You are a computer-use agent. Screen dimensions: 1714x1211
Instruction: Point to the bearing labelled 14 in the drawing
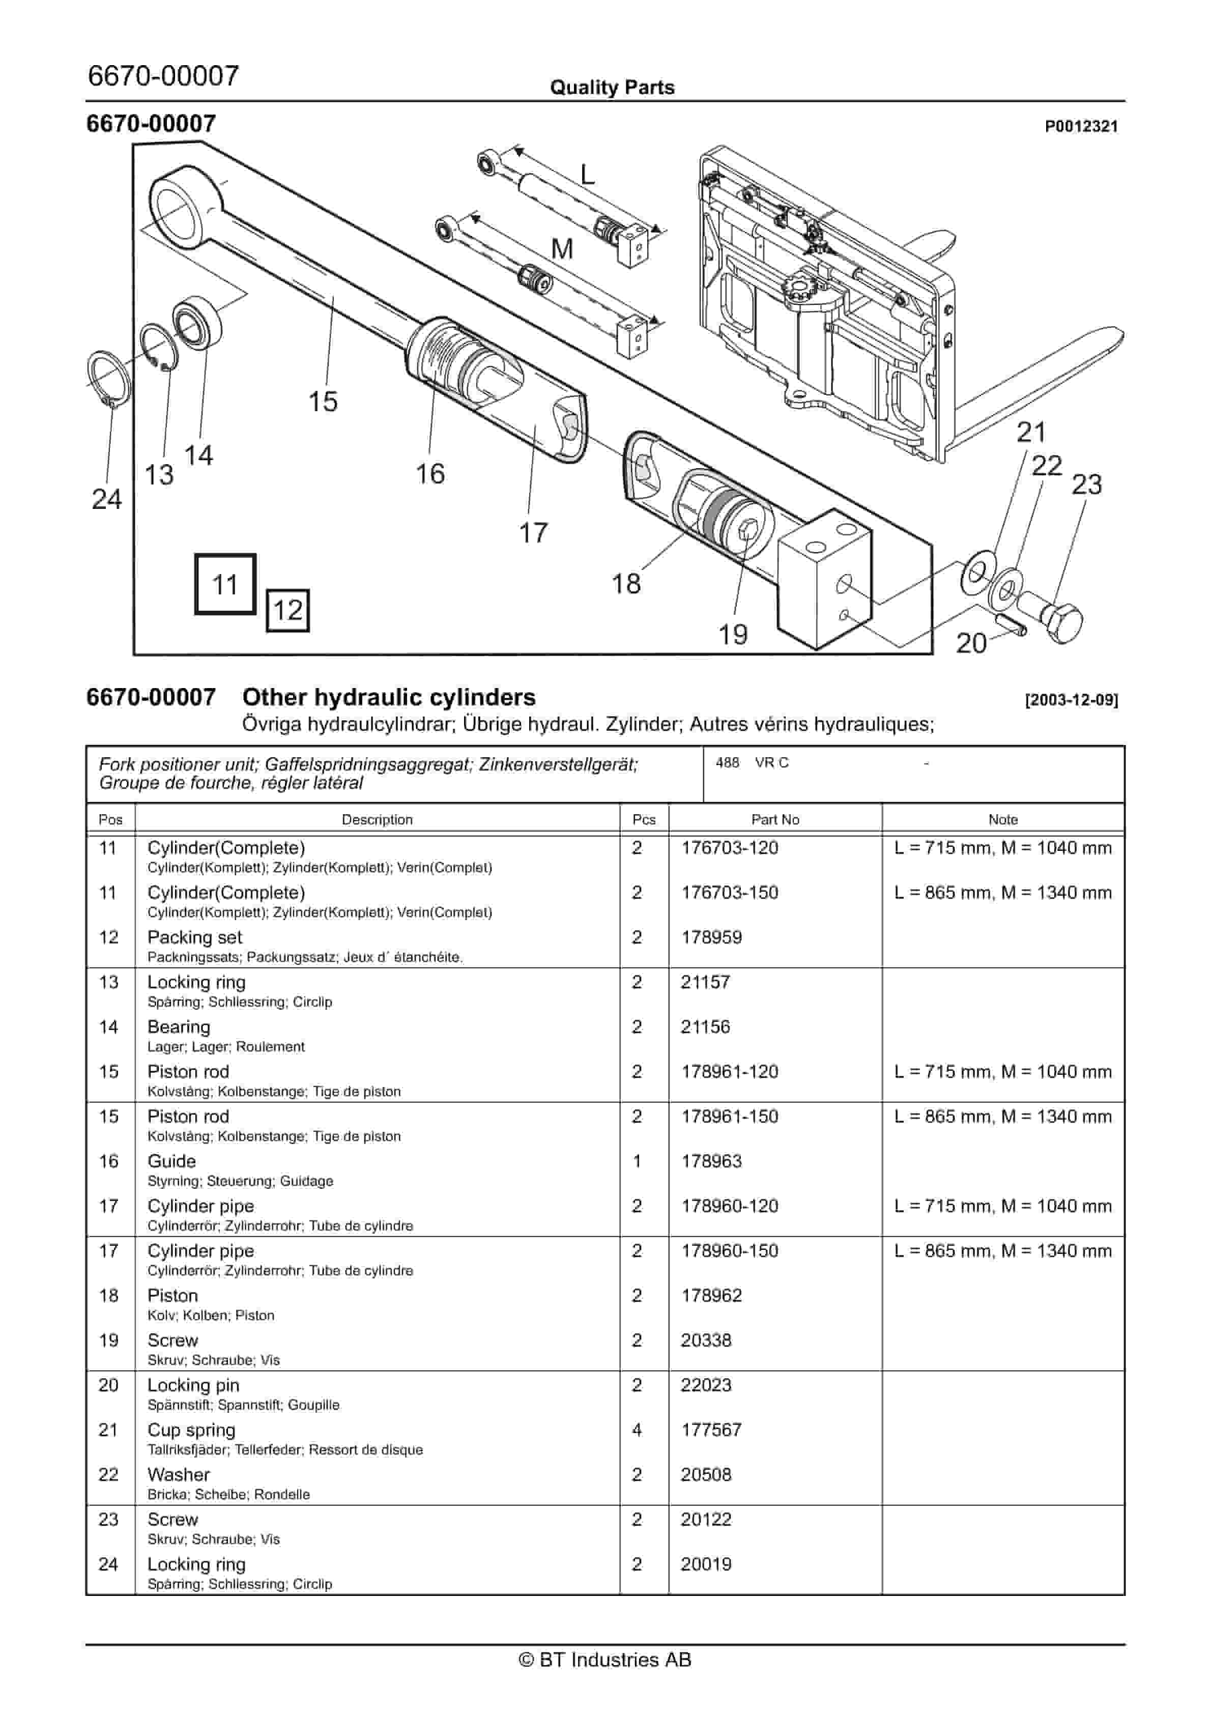click(198, 323)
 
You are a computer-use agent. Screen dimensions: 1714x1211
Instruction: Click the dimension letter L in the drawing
click(588, 175)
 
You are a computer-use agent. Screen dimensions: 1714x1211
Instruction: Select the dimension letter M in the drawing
click(561, 248)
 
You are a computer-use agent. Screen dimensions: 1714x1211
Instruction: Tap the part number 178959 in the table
click(711, 937)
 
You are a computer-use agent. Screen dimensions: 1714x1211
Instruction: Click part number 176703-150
click(730, 892)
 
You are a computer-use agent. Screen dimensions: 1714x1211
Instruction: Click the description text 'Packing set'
click(195, 937)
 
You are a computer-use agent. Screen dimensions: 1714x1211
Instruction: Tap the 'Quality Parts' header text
click(612, 88)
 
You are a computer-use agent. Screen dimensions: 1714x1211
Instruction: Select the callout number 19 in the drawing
click(732, 635)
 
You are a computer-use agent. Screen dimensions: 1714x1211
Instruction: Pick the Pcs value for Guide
click(637, 1161)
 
